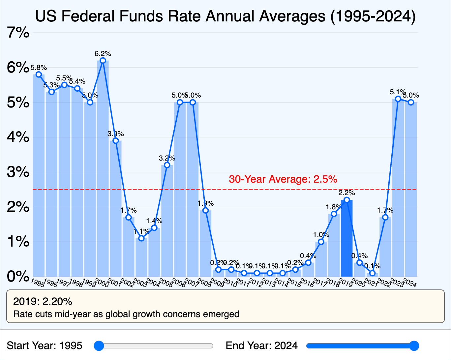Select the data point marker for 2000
click(103, 61)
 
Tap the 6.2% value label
click(103, 53)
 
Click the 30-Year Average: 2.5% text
click(283, 179)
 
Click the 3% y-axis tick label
click(18, 172)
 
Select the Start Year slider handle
click(99, 346)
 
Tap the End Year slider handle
click(414, 346)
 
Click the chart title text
click(225, 16)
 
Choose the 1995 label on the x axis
click(37, 283)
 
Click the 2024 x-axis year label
click(410, 283)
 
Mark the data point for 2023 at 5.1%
click(398, 99)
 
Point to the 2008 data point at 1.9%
click(205, 210)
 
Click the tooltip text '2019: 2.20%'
click(43, 301)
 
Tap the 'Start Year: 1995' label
click(45, 346)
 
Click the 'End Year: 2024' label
click(261, 346)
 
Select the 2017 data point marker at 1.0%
click(321, 242)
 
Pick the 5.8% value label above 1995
click(39, 68)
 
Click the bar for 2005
click(167, 221)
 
